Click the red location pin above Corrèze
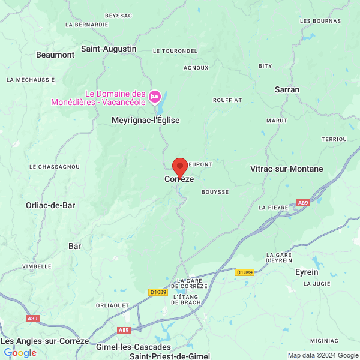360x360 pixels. coord(179,167)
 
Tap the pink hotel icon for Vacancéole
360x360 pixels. coord(155,97)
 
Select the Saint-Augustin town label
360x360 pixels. coord(109,49)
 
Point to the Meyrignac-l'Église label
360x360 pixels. coord(145,121)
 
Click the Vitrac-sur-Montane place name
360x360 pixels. coord(286,169)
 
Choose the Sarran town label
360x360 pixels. coord(287,89)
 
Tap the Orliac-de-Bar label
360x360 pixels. coord(50,205)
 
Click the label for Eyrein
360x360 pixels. coord(307,272)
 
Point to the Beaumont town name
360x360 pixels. coord(55,55)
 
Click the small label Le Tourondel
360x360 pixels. coord(175,51)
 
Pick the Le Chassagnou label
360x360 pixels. coord(55,166)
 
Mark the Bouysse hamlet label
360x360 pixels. coord(215,192)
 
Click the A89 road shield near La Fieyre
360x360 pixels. coord(303,203)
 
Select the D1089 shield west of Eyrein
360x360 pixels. coord(244,272)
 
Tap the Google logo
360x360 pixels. coord(20,353)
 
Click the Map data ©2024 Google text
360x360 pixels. coord(322,355)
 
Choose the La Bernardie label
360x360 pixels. coord(87,25)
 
